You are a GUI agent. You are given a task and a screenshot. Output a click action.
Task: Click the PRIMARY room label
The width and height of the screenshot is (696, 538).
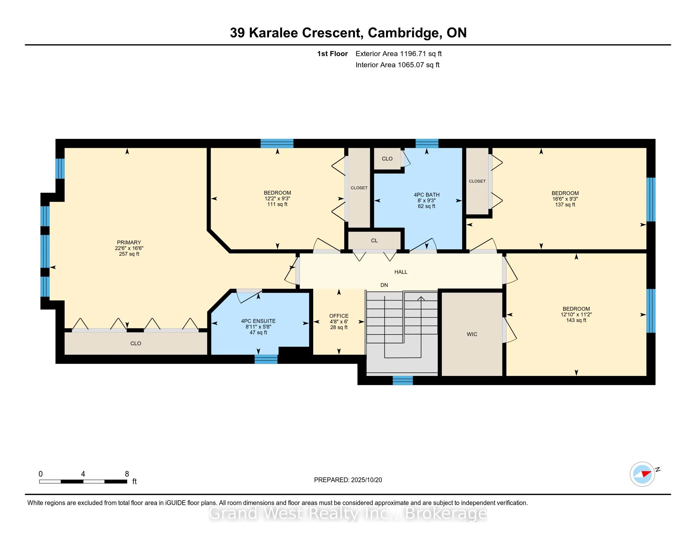(129, 242)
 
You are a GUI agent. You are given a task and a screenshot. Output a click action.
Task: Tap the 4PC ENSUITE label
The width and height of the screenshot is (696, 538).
(258, 321)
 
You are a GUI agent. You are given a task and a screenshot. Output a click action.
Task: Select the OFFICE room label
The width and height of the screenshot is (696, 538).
(339, 316)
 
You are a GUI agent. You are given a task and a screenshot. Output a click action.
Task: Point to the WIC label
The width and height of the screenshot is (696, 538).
(472, 334)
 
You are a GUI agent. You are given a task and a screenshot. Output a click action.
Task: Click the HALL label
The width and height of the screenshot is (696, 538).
(401, 272)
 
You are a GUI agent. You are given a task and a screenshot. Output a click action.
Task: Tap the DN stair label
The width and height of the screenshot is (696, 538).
(384, 285)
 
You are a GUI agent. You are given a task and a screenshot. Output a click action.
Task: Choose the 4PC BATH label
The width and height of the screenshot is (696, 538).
(427, 195)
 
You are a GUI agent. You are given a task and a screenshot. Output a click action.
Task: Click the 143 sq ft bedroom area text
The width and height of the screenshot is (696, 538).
(576, 320)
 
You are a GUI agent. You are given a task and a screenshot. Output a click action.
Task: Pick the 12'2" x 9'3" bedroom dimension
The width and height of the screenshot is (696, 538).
(277, 198)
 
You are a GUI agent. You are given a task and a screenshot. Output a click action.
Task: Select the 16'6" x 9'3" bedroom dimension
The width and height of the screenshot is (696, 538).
(565, 199)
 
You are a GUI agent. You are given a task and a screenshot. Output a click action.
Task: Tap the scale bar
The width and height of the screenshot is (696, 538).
(83, 482)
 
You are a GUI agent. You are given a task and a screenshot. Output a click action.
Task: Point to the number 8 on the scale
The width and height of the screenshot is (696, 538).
(127, 474)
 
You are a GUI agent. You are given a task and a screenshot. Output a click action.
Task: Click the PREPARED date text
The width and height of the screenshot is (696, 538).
(348, 480)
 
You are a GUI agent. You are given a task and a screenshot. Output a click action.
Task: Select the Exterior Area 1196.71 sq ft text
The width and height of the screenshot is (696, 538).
(399, 54)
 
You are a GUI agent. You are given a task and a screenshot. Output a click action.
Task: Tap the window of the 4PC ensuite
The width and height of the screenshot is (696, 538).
(266, 359)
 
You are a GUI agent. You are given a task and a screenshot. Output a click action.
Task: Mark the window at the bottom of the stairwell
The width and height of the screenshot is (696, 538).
(403, 380)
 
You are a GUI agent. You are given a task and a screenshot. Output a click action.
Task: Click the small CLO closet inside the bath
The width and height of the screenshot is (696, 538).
(387, 159)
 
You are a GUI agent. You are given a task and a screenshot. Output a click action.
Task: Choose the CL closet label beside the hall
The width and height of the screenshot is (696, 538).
(375, 241)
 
